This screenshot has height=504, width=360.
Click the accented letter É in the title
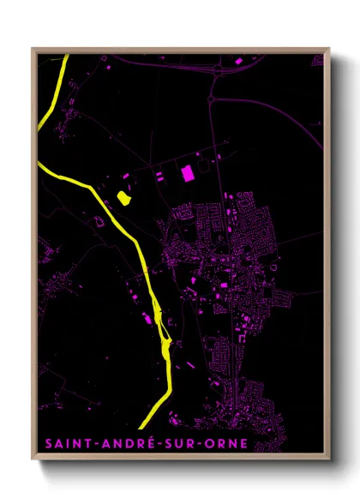[x=145, y=443]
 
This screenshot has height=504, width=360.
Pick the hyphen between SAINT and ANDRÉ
[x=88, y=445]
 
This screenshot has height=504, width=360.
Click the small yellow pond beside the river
[x=123, y=199]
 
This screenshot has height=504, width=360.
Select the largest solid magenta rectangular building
[x=188, y=172]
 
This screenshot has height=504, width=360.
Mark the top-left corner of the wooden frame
[x=33, y=49]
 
